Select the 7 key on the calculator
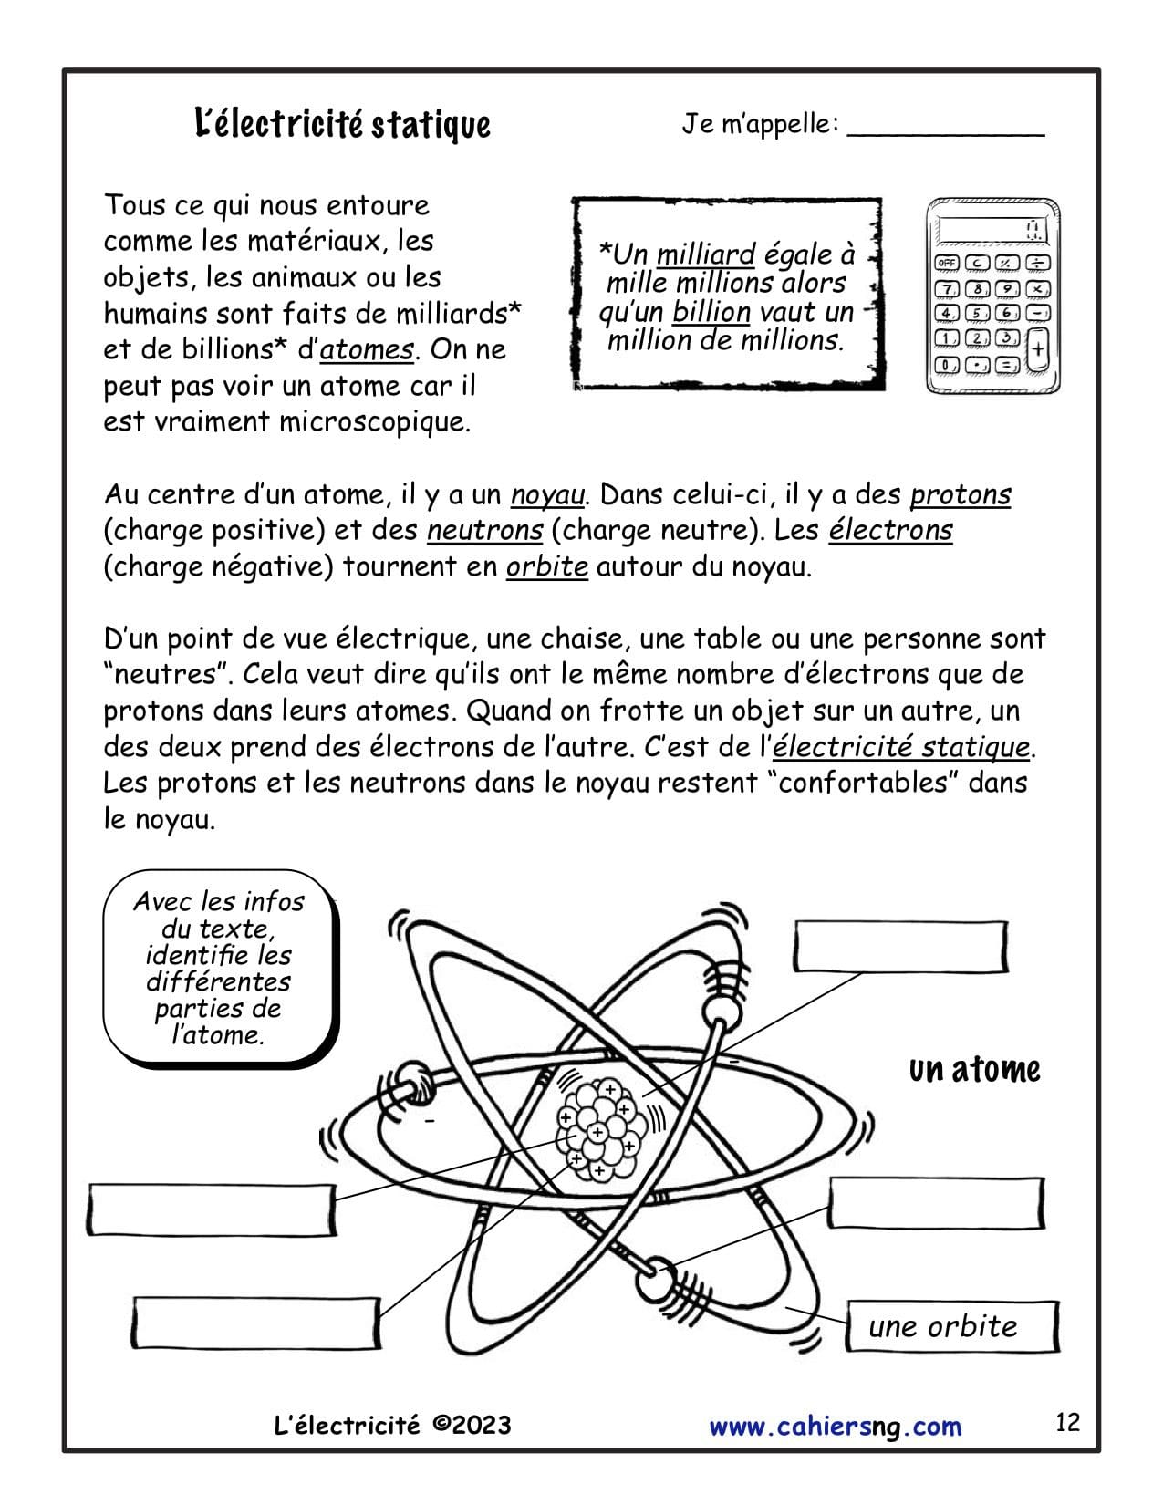(949, 289)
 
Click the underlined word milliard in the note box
(706, 254)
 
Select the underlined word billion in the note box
(711, 312)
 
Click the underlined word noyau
(546, 495)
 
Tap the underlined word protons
(961, 495)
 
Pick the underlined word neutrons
(484, 531)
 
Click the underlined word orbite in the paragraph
(546, 567)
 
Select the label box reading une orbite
(952, 1326)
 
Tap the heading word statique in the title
(431, 124)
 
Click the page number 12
(1067, 1422)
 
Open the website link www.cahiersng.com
(835, 1426)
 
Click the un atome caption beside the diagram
(974, 1070)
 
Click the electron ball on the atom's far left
(408, 1080)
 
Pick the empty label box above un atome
(900, 946)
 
